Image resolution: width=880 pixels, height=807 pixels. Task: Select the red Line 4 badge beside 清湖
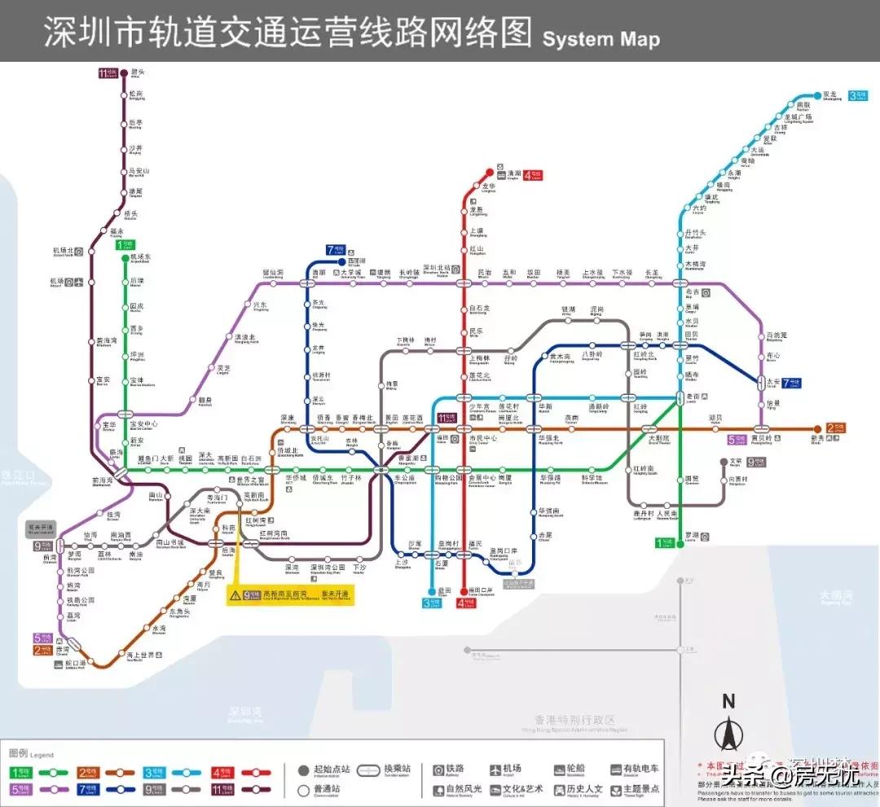533,174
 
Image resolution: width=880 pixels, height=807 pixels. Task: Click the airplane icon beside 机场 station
70,283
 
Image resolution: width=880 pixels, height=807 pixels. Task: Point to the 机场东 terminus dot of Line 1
124,257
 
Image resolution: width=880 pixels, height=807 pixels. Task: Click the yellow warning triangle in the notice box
235,595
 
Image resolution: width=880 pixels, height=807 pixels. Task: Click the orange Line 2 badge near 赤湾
42,650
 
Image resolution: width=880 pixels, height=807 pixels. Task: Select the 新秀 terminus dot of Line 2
817,429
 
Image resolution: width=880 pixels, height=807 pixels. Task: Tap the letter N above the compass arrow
728,701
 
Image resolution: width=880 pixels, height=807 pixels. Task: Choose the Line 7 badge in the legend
88,789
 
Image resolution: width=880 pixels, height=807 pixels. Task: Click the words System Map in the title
601,37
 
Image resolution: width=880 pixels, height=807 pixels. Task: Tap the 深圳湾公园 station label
323,568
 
